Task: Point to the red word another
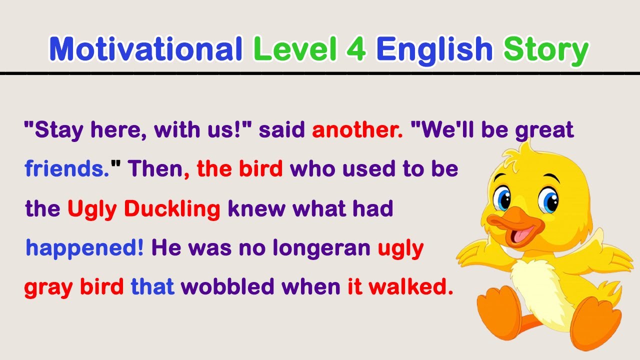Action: coord(357,130)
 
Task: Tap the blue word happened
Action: coord(84,248)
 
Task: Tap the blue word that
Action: coord(152,287)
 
